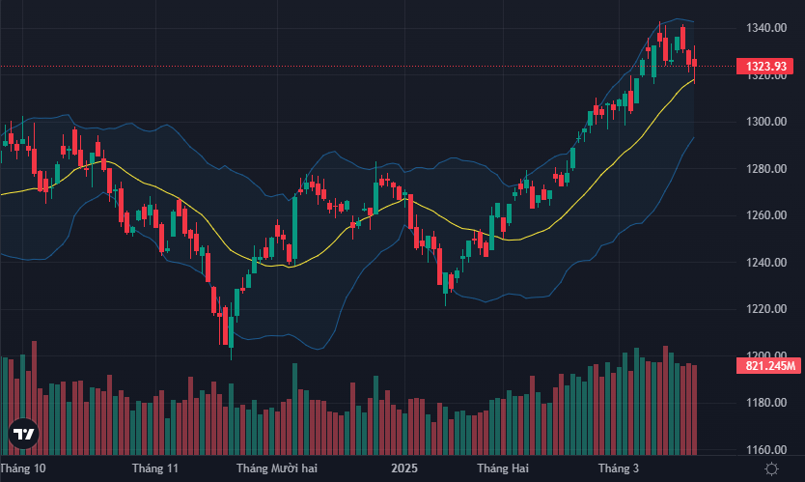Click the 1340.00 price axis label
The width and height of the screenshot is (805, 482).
click(768, 28)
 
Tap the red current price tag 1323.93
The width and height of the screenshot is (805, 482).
click(768, 66)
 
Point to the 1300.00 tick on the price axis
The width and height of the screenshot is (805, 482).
click(768, 122)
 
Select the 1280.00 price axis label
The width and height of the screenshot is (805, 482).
click(768, 169)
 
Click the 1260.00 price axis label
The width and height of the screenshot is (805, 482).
click(768, 215)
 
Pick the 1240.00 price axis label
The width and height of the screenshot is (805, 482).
click(768, 263)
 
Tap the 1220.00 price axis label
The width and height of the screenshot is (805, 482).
click(768, 309)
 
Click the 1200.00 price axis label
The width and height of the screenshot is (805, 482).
click(768, 355)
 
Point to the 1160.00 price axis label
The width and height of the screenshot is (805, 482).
click(768, 450)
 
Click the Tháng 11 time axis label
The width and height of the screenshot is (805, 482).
click(155, 468)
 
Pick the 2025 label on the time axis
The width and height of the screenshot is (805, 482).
click(403, 468)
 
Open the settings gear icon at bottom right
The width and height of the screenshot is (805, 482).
click(771, 468)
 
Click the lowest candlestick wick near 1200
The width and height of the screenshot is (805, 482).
click(231, 354)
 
